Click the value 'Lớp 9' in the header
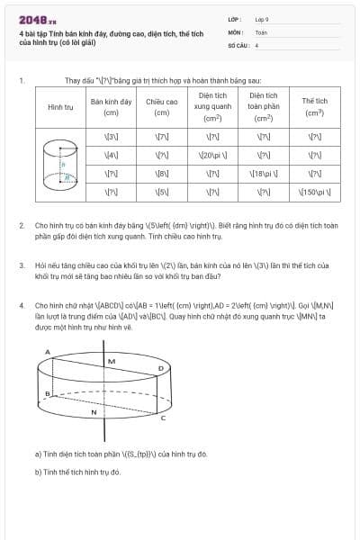262,18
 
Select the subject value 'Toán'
261,31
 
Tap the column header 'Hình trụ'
60,107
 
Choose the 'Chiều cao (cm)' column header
162,107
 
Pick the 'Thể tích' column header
314,106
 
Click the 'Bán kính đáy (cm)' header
112,107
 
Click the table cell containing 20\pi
213,155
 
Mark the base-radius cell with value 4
112,155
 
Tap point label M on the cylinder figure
112,362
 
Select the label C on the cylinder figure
162,418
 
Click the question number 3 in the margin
21,266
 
